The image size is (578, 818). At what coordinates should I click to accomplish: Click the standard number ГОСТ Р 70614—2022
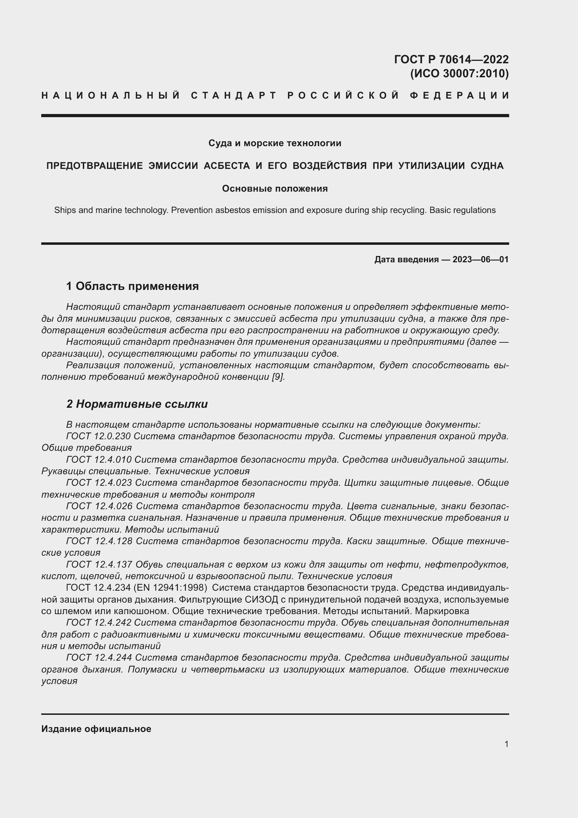coord(451,59)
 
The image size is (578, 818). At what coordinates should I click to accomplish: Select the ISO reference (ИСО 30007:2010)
coord(459,73)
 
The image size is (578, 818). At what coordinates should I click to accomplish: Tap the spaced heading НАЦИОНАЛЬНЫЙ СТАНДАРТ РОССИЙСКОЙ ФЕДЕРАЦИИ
coord(275,95)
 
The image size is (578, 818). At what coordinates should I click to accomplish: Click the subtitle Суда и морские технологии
coord(275,143)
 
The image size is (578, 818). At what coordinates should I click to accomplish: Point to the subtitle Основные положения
coord(275,189)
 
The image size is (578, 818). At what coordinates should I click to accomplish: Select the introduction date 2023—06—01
coord(480,259)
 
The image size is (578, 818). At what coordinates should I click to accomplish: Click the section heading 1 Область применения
coord(132,286)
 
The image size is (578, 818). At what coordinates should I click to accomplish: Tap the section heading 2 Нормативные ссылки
coord(137,404)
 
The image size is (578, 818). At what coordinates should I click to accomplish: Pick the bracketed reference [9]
coord(278,377)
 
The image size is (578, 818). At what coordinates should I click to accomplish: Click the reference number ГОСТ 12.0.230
coord(99,436)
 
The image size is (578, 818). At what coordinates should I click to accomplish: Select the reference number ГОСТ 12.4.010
coord(99,460)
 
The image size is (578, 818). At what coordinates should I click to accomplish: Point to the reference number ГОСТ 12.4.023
coord(99,483)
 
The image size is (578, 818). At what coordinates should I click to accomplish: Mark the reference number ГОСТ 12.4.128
coord(99,541)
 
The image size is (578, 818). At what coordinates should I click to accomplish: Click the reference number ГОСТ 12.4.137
coord(99,564)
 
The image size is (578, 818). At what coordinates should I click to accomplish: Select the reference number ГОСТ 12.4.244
coord(99,658)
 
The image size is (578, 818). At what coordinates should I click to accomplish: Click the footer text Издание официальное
coord(96,729)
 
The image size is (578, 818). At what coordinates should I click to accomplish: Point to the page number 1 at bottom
coord(506,744)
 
